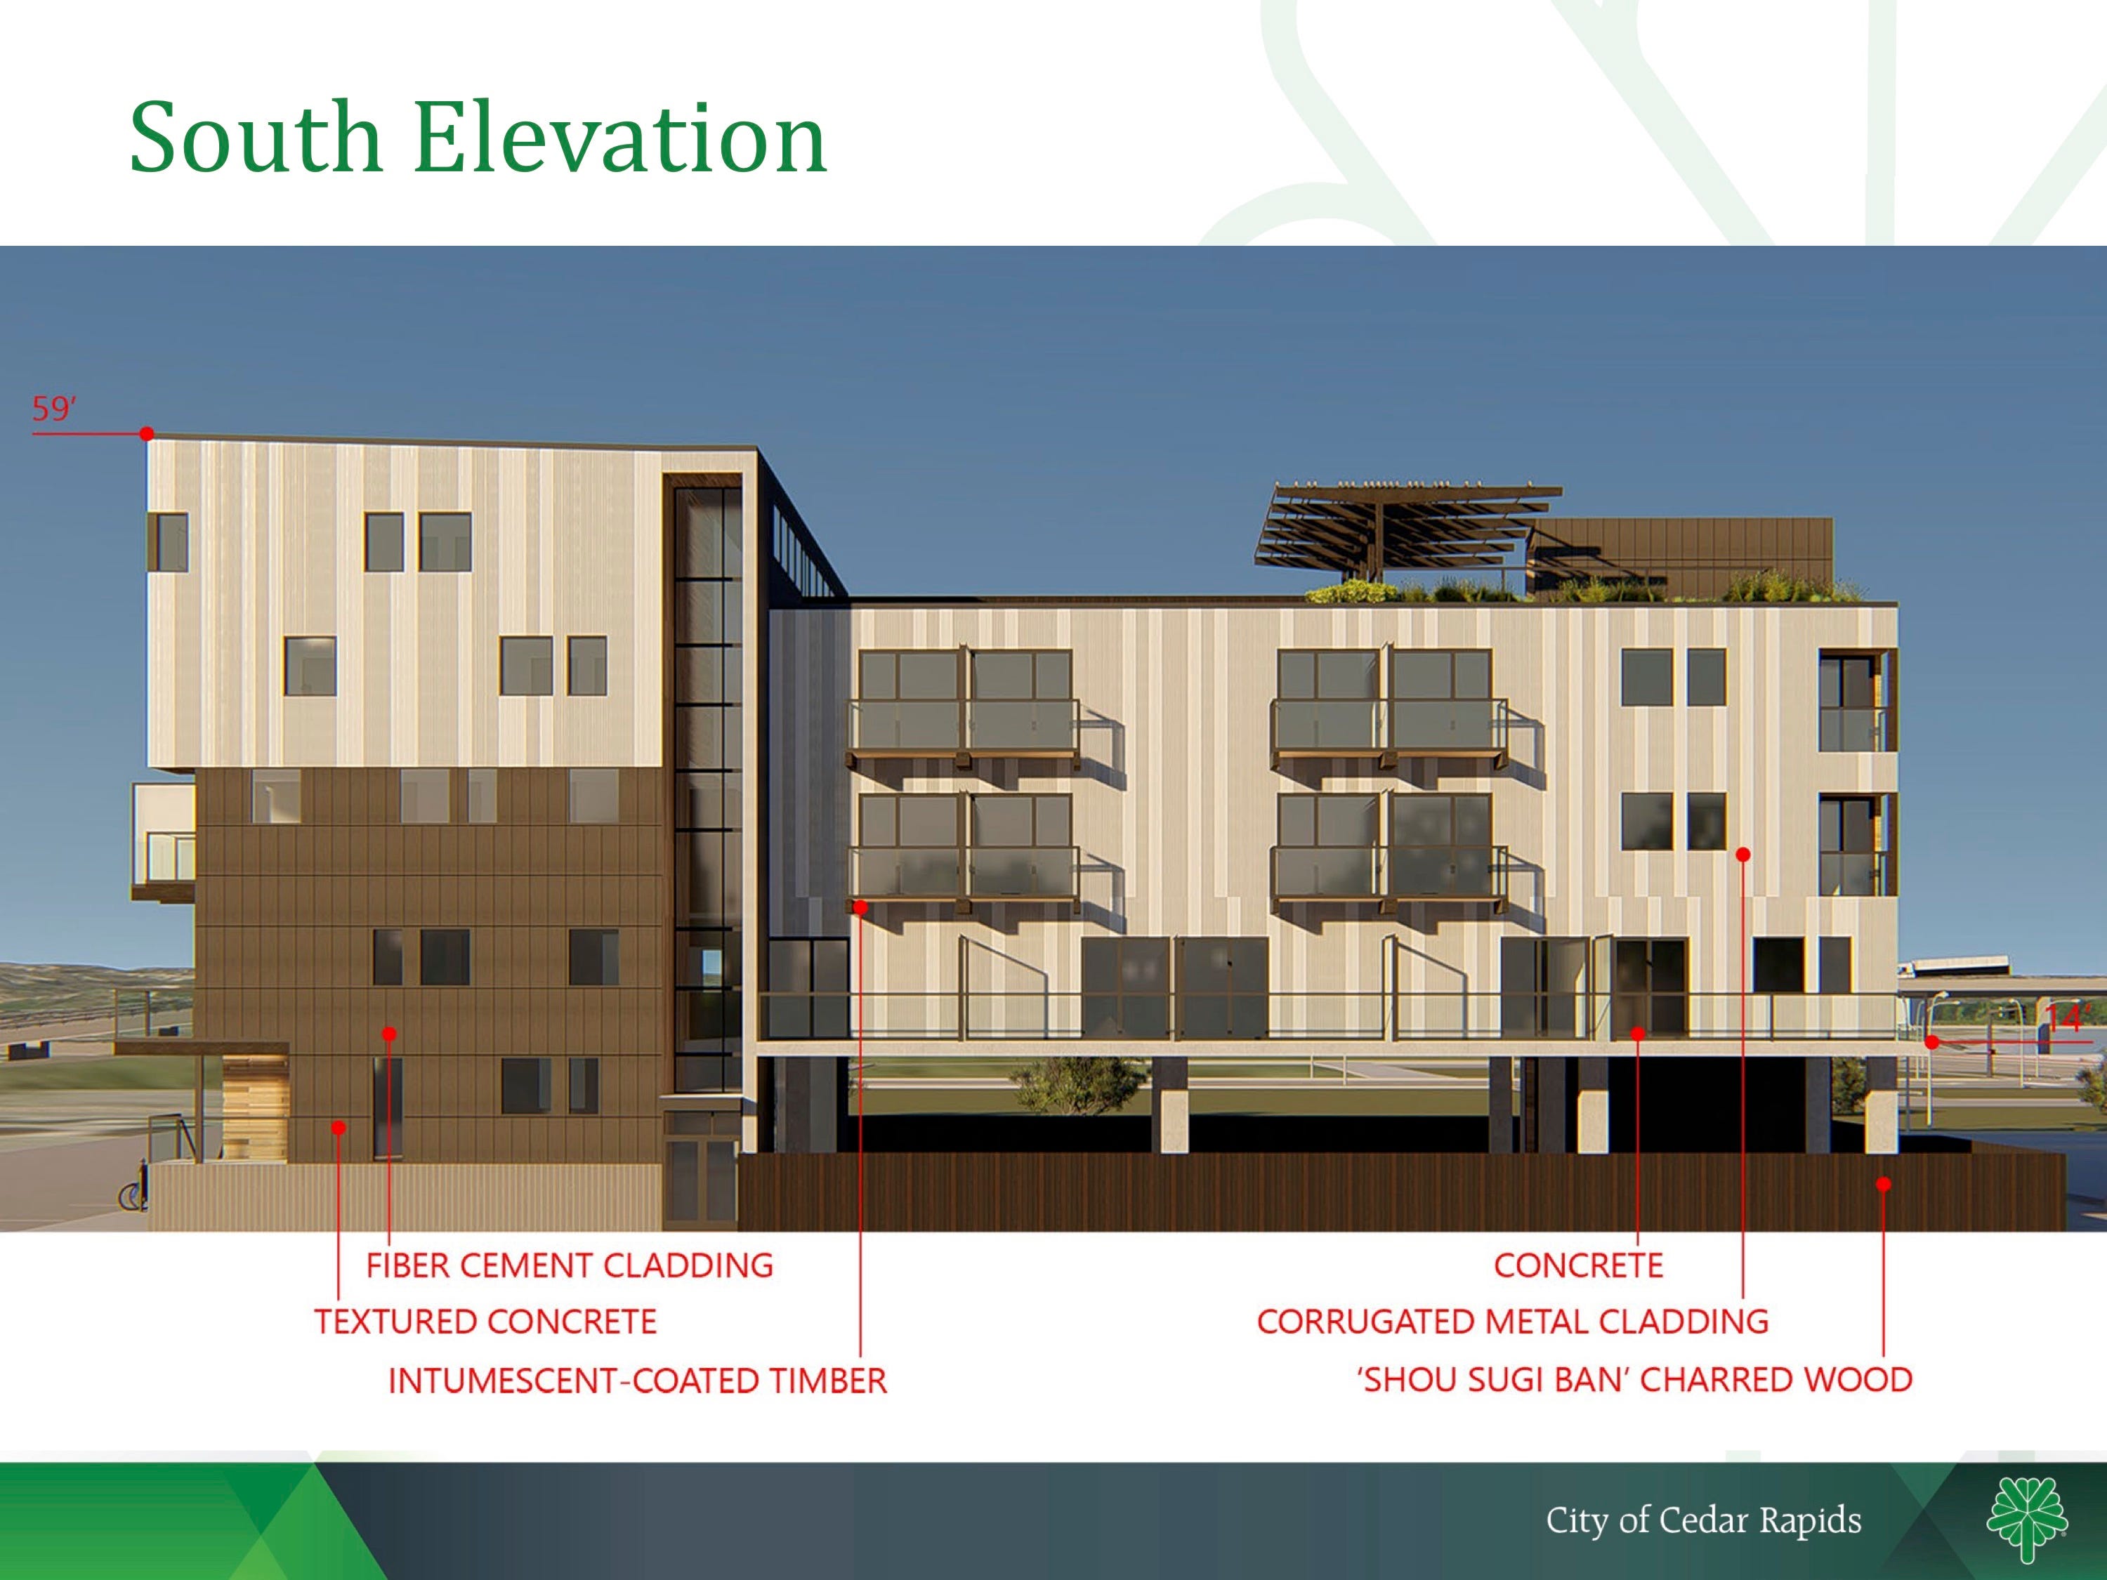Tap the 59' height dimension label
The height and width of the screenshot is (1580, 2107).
(53, 409)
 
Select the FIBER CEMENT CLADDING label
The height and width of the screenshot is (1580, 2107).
(570, 1265)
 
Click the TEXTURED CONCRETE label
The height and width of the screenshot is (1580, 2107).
(486, 1322)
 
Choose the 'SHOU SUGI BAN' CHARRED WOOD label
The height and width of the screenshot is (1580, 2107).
(1634, 1380)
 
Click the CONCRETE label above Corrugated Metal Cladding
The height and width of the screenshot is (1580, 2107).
(1578, 1265)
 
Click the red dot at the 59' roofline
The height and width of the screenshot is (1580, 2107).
(147, 434)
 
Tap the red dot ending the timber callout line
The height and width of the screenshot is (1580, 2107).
(860, 907)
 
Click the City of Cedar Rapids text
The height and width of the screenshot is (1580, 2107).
(1703, 1520)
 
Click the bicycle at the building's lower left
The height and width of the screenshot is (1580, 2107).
(133, 1193)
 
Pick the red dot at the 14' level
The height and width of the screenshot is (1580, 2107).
(1931, 1042)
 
